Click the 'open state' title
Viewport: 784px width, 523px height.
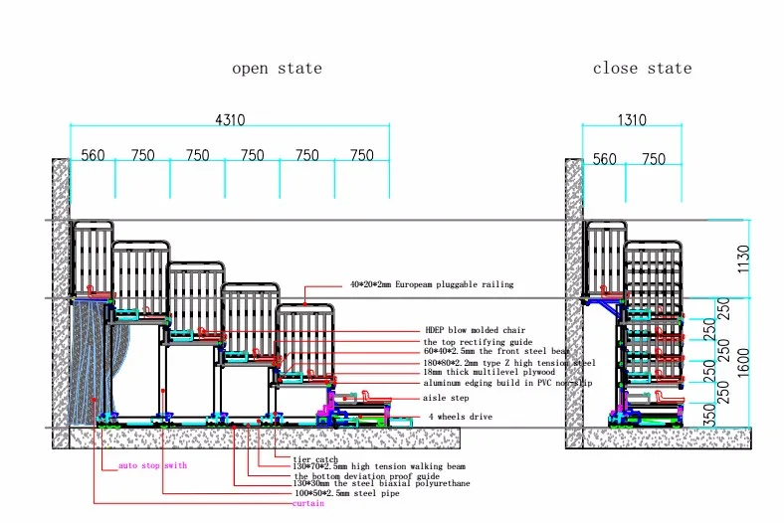[x=277, y=69]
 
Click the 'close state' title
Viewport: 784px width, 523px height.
[x=642, y=69]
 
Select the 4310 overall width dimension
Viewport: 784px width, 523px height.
[x=229, y=119]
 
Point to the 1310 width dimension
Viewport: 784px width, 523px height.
[x=631, y=120]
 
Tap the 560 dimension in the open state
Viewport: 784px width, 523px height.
[x=93, y=155]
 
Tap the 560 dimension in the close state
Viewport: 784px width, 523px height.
[x=604, y=159]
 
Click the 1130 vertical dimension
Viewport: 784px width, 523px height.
[x=758, y=259]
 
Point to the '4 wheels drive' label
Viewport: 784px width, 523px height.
[x=459, y=417]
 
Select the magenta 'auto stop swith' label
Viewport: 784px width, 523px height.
[x=151, y=465]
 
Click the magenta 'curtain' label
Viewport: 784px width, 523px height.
[x=307, y=503]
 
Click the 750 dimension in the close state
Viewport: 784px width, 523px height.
[x=654, y=159]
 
